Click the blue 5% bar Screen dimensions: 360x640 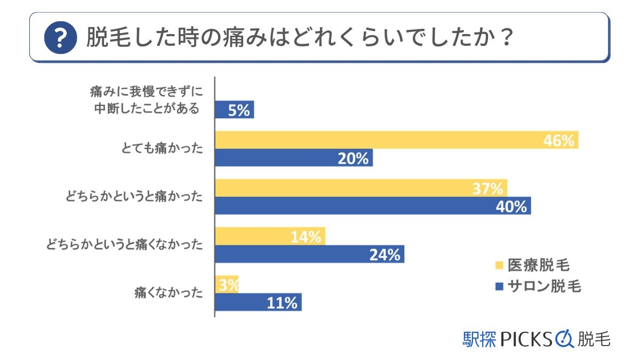(234, 110)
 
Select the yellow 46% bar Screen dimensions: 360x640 (396, 141)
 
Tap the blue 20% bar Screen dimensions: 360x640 (293, 158)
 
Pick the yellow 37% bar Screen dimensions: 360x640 (361, 188)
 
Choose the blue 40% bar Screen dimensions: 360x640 (373, 206)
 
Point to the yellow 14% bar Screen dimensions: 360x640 (270, 236)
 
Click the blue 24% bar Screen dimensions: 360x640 (309, 254)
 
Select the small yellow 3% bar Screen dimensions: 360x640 (227, 284)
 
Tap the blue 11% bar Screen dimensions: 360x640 (258, 302)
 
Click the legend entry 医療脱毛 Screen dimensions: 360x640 (538, 265)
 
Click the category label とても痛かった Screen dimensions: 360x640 (163, 150)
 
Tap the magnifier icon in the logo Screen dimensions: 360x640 (565, 339)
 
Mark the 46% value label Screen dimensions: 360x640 (558, 141)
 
